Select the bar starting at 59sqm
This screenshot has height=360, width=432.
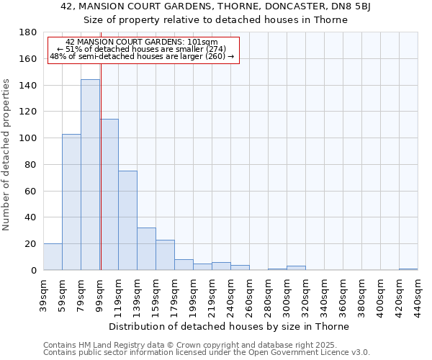[71, 202]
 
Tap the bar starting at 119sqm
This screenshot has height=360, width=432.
[127, 220]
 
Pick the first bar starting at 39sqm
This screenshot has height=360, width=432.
[53, 257]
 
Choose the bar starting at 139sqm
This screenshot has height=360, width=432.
[146, 249]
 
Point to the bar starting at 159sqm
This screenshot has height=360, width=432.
[165, 255]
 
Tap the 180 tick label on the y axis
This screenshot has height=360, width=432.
[29, 32]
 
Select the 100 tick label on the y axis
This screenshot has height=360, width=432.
[29, 138]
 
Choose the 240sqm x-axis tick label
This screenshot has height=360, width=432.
[231, 294]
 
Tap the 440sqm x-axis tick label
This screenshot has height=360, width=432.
[418, 294]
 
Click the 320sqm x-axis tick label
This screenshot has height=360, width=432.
[306, 294]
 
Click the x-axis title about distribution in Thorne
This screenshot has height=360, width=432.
[230, 327]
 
